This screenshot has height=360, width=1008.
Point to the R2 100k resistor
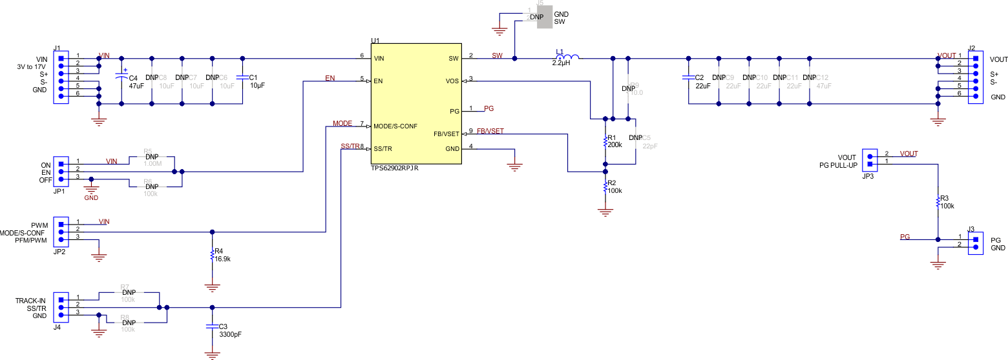click(x=605, y=187)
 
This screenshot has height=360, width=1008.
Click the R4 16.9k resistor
click(x=212, y=255)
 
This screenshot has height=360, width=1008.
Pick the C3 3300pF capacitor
click(x=212, y=326)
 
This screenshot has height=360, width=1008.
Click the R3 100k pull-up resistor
click(x=937, y=202)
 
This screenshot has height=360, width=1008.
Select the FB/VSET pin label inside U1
click(x=446, y=134)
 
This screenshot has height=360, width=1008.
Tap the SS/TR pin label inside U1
click(x=383, y=149)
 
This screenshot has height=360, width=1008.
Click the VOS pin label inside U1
click(x=452, y=81)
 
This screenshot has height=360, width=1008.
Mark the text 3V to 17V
click(x=31, y=66)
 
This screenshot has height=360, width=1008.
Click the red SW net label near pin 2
click(x=497, y=55)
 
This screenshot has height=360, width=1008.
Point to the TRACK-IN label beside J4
click(x=30, y=301)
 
